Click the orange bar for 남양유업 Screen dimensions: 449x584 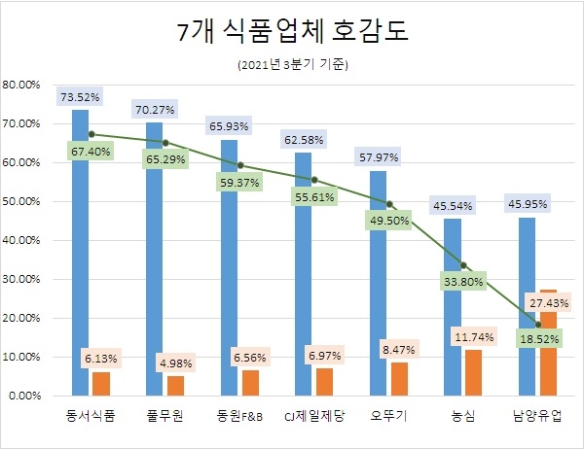pyautogui.click(x=548, y=345)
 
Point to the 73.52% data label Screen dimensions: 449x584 pyautogui.click(x=80, y=97)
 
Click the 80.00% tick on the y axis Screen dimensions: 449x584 pyautogui.click(x=21, y=86)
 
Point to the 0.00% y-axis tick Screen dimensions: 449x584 pyautogui.click(x=23, y=397)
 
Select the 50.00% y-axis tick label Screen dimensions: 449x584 pyautogui.click(x=21, y=202)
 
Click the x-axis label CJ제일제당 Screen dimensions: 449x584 pyautogui.click(x=312, y=416)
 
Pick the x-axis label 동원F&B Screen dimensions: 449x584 pyautogui.click(x=238, y=416)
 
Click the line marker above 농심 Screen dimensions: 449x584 pyautogui.click(x=463, y=264)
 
